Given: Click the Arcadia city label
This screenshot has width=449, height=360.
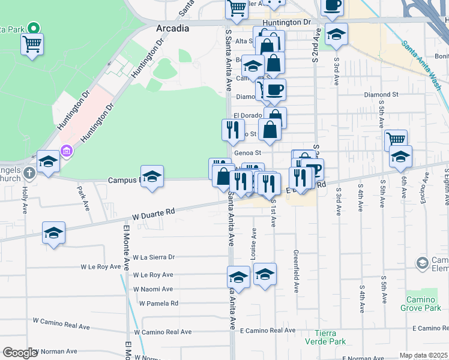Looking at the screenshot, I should coord(172,28).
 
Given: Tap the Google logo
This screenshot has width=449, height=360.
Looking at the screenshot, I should coord(20,353).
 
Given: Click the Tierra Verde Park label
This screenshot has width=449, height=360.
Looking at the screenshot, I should coord(331,337).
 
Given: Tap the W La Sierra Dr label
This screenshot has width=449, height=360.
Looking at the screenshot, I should coord(154,257).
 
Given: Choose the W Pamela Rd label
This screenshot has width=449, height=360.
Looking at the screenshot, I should coord(158,303).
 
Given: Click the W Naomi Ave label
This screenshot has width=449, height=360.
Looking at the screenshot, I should coord(152,289).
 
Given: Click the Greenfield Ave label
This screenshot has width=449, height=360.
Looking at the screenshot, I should coord(296,271).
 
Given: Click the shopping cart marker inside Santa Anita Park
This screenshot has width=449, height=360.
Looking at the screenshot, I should coord(31,43).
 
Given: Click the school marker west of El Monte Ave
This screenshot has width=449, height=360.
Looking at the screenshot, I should coord(53,233).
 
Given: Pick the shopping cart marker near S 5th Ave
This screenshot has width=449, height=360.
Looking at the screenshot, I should coord(396,140).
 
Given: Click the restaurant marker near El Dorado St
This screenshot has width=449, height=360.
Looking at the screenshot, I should coord(232,129).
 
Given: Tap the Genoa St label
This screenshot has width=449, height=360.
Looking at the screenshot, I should coord(247,153).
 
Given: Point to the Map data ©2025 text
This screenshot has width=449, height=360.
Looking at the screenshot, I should coord(423,355).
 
